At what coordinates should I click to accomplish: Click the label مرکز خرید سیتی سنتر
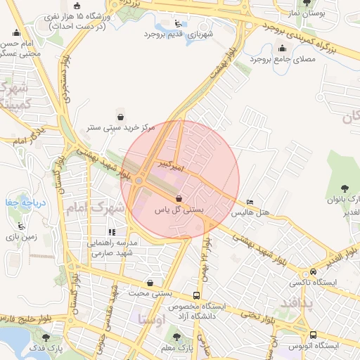point(120,128)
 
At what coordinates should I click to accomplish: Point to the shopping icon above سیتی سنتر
point(120,117)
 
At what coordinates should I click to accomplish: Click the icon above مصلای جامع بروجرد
point(283,48)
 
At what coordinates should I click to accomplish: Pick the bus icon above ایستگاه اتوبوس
point(313,335)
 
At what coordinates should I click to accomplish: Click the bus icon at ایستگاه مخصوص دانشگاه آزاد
point(197,296)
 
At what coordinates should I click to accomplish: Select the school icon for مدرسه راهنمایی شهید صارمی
point(111,231)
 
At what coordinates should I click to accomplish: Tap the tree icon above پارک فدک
point(49,336)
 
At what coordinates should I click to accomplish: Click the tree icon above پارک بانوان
point(345,188)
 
